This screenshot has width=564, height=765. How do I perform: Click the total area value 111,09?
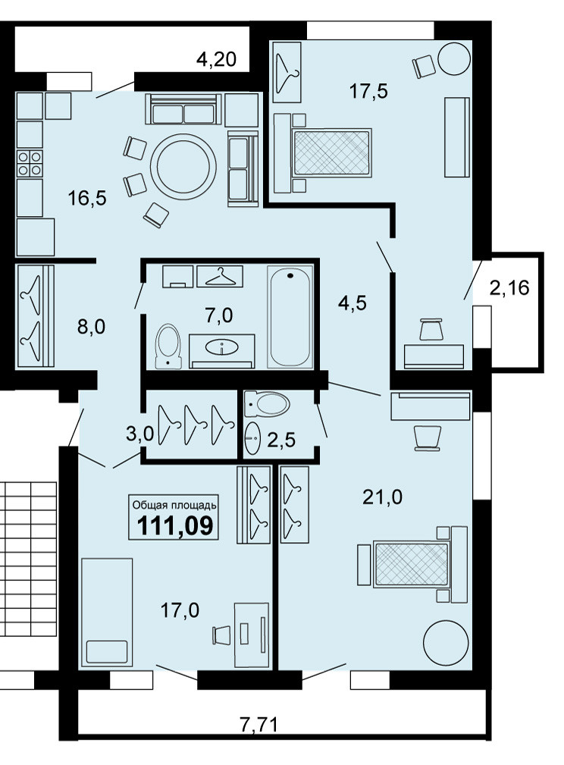click(x=175, y=525)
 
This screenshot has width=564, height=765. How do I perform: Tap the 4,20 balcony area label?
click(x=216, y=60)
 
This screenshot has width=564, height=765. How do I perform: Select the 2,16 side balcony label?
click(x=509, y=288)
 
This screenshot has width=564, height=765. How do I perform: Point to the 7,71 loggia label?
click(x=259, y=724)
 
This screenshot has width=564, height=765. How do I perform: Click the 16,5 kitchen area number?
click(x=87, y=199)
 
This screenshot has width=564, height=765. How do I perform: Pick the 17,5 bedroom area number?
click(x=369, y=91)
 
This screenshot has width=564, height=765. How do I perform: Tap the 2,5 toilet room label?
click(x=281, y=440)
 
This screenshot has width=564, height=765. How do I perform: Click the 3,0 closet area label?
click(x=140, y=434)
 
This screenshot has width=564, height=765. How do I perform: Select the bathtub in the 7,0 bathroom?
click(x=290, y=316)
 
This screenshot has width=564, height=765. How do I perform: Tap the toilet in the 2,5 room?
click(x=268, y=403)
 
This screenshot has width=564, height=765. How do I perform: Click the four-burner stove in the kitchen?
click(x=30, y=163)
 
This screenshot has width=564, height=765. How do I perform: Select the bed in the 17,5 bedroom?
click(x=322, y=152)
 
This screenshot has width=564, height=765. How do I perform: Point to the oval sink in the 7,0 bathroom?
click(x=222, y=347)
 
